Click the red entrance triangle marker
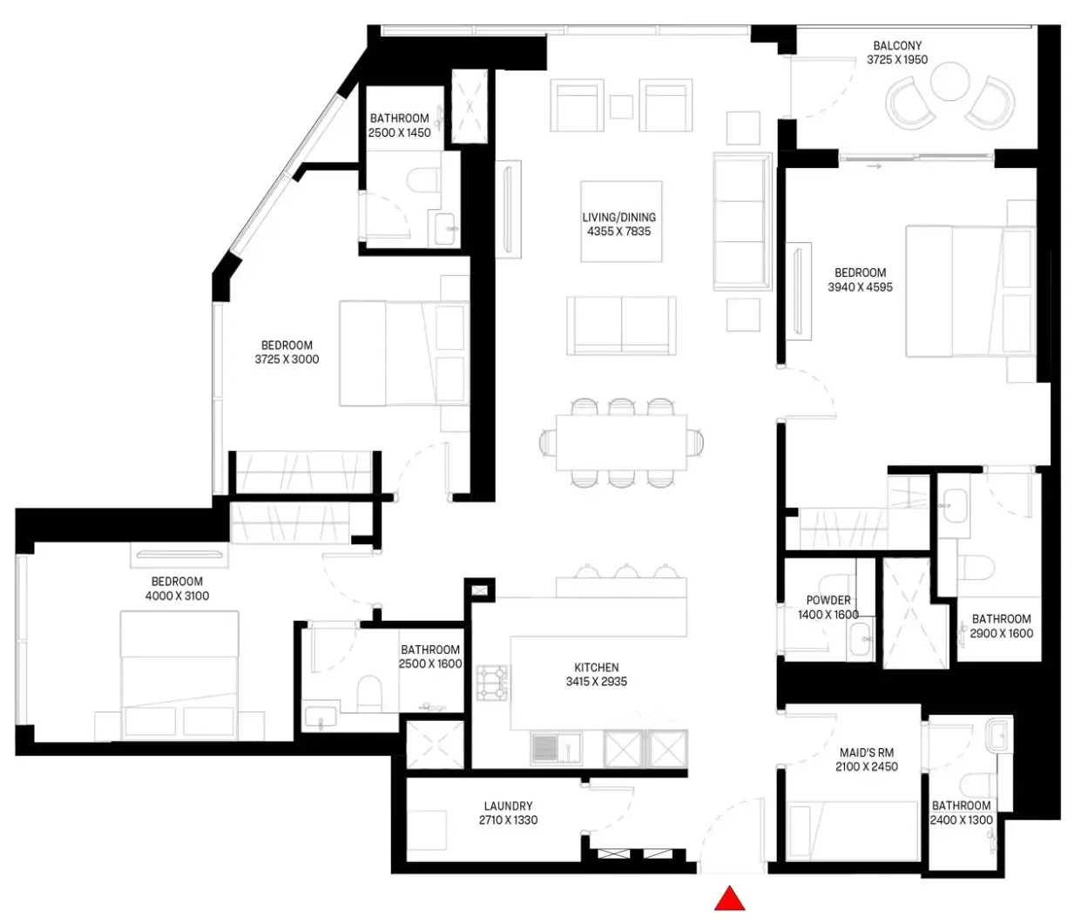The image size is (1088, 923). click(730, 899)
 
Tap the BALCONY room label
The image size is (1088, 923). click(897, 46)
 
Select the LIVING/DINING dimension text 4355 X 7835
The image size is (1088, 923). click(619, 231)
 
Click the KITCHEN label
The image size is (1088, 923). click(597, 667)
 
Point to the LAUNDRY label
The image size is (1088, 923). click(508, 805)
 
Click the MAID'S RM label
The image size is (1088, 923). click(867, 752)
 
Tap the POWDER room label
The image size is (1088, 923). click(828, 600)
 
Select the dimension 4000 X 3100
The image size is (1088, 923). click(177, 596)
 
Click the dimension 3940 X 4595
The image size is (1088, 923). click(860, 286)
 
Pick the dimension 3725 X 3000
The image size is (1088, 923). click(287, 359)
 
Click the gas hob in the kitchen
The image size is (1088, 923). click(493, 683)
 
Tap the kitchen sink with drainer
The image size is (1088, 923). click(557, 749)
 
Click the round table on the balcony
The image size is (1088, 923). click(949, 81)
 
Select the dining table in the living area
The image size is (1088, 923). click(621, 442)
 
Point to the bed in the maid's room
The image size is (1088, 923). click(852, 832)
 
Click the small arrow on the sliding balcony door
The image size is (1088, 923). click(874, 166)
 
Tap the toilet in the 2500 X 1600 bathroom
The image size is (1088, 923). click(369, 694)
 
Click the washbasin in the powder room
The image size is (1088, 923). click(861, 639)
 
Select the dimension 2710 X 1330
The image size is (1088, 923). click(508, 820)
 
